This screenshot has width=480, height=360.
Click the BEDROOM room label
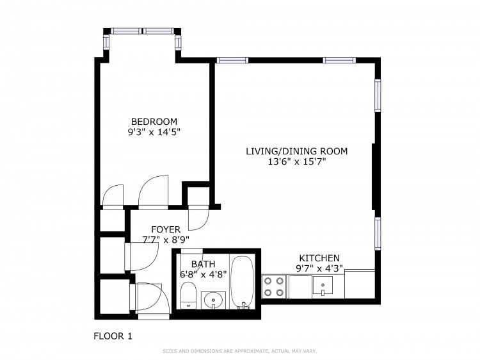(x=154, y=122)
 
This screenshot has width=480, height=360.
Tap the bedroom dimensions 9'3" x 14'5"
(x=154, y=133)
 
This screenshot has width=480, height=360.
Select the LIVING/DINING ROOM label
(x=297, y=151)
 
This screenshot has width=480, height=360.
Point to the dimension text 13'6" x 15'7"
(x=297, y=162)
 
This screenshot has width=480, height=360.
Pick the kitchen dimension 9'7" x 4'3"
(x=319, y=268)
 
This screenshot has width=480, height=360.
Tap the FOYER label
(x=165, y=229)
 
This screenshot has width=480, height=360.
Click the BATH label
(x=203, y=263)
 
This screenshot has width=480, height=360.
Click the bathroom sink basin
(x=213, y=299)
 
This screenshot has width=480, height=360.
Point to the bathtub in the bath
(x=243, y=282)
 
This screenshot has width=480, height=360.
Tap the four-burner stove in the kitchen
(x=274, y=286)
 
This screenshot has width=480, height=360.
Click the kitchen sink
(x=323, y=286)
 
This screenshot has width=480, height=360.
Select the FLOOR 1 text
(x=113, y=336)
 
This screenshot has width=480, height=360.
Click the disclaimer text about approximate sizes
(x=240, y=351)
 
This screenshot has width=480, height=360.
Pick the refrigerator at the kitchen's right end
(x=360, y=284)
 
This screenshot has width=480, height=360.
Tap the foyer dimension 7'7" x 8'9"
(x=165, y=240)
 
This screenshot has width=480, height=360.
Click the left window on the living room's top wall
(x=232, y=60)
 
